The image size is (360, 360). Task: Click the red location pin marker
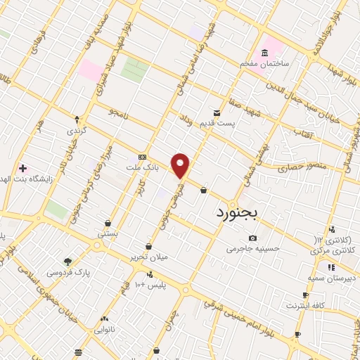[x=181, y=165]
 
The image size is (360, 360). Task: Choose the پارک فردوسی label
[x=68, y=271]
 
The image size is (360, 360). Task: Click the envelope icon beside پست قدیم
[x=217, y=112]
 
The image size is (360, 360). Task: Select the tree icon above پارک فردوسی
[x=67, y=261]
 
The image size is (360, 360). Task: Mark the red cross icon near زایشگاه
[x=22, y=168]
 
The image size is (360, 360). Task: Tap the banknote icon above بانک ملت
[x=143, y=157]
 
